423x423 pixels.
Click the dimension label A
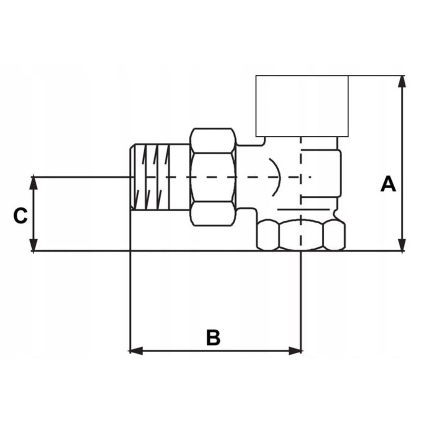388,184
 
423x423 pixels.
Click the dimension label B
214,337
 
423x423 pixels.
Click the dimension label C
20,216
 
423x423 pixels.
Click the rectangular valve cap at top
302,106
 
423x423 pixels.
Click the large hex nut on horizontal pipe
213,177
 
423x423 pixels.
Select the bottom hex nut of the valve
301,235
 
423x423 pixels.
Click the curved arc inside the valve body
276,177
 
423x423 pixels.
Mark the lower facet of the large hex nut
213,215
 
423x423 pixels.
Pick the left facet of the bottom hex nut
267,235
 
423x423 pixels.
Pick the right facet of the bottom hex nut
334,235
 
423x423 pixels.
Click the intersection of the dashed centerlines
301,177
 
